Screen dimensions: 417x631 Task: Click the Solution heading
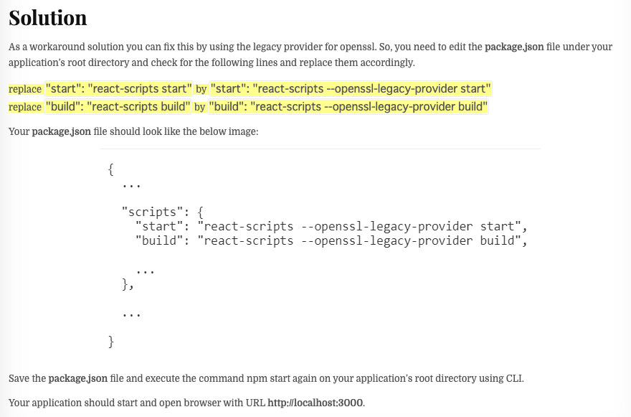(48, 17)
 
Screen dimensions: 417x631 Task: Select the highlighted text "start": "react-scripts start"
(119, 89)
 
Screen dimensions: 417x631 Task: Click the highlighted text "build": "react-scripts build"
(118, 107)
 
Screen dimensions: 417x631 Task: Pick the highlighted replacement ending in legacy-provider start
(351, 89)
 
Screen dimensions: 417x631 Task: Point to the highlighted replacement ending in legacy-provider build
(348, 107)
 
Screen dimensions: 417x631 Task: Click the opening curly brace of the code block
(111, 169)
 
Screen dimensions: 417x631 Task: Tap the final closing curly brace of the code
(111, 342)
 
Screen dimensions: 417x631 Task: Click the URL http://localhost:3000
(315, 403)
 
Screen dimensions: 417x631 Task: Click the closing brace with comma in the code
(128, 285)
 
